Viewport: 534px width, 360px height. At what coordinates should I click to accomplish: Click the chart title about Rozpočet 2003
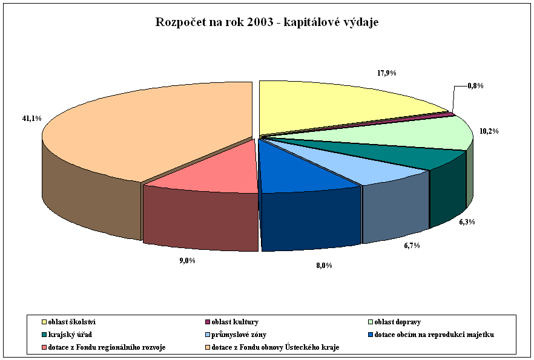(x=267, y=22)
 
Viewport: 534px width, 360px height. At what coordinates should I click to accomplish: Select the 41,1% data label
(x=31, y=119)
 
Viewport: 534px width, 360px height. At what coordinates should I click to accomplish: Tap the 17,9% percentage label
(x=386, y=73)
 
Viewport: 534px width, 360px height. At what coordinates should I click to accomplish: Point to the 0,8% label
(x=475, y=86)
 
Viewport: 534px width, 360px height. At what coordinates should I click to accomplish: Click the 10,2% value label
(x=488, y=131)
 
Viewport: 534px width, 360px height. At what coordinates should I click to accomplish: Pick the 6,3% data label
(x=467, y=222)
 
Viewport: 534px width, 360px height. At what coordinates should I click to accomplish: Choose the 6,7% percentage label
(x=412, y=246)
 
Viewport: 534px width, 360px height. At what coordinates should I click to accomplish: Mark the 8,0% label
(x=324, y=265)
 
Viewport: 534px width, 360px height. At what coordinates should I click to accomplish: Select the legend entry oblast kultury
(x=233, y=322)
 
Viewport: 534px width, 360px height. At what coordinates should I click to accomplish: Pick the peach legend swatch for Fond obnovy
(x=209, y=347)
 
